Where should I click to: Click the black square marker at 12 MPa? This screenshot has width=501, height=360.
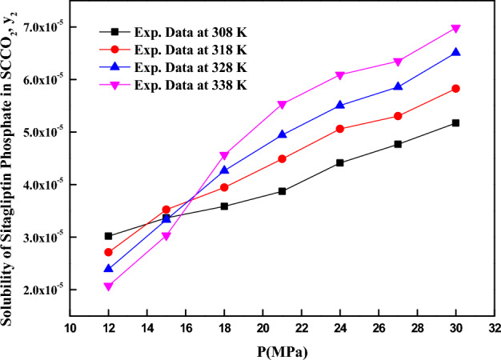pyautogui.click(x=108, y=236)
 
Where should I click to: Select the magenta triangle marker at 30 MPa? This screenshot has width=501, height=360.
pyautogui.click(x=455, y=29)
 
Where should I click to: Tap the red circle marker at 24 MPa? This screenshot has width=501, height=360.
pyautogui.click(x=339, y=129)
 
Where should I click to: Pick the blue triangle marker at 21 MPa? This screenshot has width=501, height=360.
pyautogui.click(x=282, y=134)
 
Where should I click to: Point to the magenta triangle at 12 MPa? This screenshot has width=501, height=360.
pyautogui.click(x=108, y=286)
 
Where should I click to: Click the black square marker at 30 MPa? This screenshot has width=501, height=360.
pyautogui.click(x=455, y=122)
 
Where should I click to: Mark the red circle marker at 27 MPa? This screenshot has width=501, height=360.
pyautogui.click(x=398, y=116)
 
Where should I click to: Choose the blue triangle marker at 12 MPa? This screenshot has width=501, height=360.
pyautogui.click(x=108, y=268)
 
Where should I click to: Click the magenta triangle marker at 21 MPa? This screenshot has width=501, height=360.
pyautogui.click(x=282, y=105)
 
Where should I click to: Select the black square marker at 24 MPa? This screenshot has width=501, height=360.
pyautogui.click(x=339, y=162)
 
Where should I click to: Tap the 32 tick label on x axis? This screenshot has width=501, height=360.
pyautogui.click(x=495, y=328)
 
